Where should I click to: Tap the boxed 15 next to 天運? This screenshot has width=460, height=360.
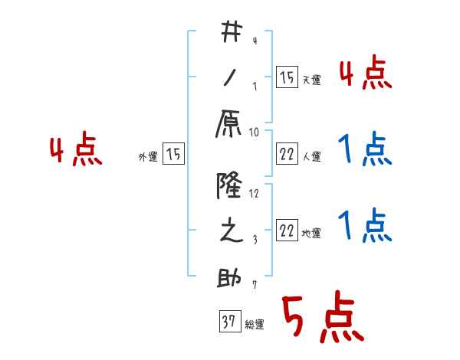[x=287, y=77]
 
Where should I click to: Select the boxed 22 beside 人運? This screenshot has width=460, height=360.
[x=287, y=155]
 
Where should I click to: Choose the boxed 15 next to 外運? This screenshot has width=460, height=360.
[x=173, y=155]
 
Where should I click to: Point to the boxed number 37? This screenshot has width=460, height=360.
[x=228, y=322]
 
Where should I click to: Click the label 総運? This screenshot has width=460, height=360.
[x=255, y=325]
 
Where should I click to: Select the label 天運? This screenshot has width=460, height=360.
[x=312, y=80]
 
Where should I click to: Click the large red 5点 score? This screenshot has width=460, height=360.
[x=321, y=320]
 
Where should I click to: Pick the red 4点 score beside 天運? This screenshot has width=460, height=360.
[x=366, y=74]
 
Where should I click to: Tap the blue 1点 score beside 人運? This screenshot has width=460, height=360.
[x=366, y=149]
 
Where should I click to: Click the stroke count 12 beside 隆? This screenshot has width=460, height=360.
[x=255, y=193]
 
